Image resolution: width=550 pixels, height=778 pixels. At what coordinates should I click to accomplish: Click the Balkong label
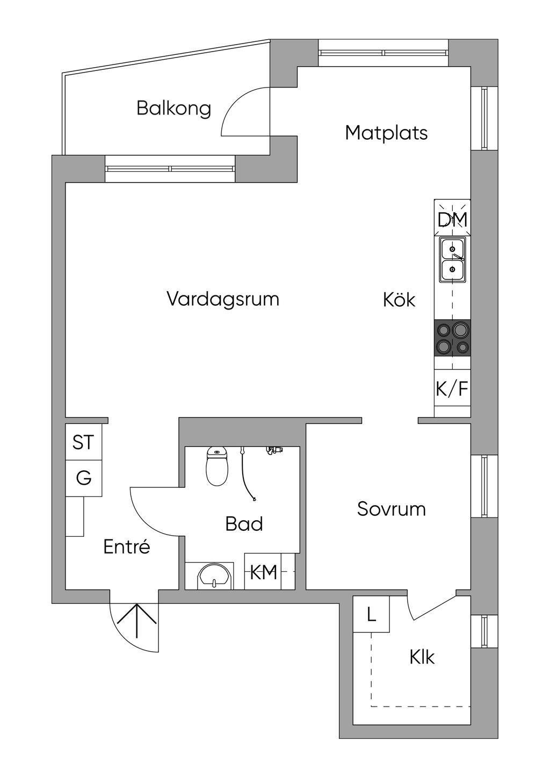click(x=173, y=108)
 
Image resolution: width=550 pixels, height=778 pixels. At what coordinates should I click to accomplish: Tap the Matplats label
click(x=386, y=133)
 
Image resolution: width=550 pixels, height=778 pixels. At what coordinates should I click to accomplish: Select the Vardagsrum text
click(x=223, y=299)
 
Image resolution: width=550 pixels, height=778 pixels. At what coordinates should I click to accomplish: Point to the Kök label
click(x=399, y=300)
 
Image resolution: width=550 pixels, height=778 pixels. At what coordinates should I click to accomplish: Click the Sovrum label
click(x=391, y=509)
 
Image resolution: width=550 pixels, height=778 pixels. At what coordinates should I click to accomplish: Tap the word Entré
click(x=126, y=547)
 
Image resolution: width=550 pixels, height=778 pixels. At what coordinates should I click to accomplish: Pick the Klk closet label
click(x=422, y=657)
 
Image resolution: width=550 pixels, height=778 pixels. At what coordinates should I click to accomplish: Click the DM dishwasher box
click(x=452, y=219)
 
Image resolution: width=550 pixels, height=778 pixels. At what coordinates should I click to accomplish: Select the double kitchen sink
click(x=452, y=261)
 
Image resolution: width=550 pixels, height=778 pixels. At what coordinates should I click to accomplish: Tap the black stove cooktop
click(x=452, y=337)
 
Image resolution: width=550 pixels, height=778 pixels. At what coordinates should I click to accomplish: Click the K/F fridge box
click(x=452, y=388)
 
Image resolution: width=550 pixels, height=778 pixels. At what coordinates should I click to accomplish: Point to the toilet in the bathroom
click(x=217, y=466)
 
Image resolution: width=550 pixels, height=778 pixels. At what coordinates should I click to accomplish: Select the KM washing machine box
click(x=263, y=572)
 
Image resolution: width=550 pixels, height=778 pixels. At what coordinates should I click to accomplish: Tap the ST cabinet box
click(x=83, y=443)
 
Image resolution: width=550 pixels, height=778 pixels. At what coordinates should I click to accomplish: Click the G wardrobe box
click(x=83, y=478)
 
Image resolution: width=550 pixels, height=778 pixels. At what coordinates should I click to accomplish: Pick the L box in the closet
click(x=371, y=614)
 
